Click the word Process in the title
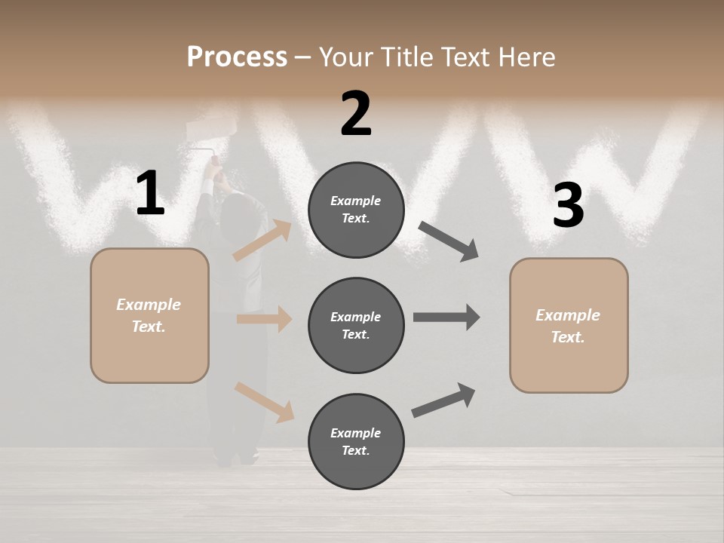coord(237,57)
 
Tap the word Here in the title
coord(523,57)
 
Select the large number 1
coord(150,194)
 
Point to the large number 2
coord(356,114)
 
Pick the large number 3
coord(568,206)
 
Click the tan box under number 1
coord(149,315)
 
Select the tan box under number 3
coord(569,326)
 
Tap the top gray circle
coord(356,210)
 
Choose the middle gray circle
coord(356,325)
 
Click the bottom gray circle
coord(356,441)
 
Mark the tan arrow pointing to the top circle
coord(262,241)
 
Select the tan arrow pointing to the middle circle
coord(264,319)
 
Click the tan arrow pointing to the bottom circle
coord(264,402)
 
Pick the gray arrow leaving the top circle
coord(448,241)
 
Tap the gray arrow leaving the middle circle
coord(446,318)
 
